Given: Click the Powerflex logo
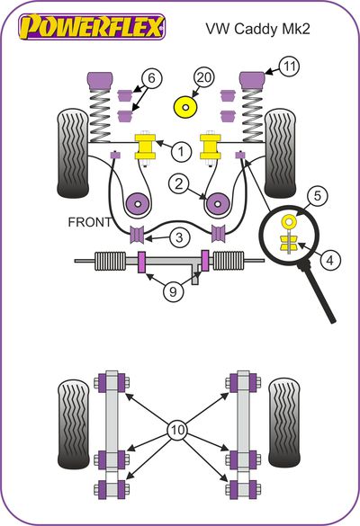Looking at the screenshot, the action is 92,26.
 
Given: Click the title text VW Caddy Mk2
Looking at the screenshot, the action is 257,29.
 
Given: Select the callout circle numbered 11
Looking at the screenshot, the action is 289,66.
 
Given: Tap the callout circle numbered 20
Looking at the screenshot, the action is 203,77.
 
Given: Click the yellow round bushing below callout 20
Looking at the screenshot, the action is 185,107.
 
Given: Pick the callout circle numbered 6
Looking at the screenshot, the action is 152,78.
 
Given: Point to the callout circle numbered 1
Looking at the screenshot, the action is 181,152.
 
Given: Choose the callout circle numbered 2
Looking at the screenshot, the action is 179,183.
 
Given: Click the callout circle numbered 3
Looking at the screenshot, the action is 179,237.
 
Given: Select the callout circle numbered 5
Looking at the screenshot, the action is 318,196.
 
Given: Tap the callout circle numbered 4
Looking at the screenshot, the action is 331,260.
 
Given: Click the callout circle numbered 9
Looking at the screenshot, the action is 174,291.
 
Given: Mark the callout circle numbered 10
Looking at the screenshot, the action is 178,430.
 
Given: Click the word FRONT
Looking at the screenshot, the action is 90,222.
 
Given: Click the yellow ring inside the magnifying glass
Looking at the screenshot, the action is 289,221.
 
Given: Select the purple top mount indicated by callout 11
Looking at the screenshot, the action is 252,78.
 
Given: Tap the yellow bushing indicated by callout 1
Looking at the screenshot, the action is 145,147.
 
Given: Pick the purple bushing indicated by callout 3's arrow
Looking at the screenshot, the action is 137,234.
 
